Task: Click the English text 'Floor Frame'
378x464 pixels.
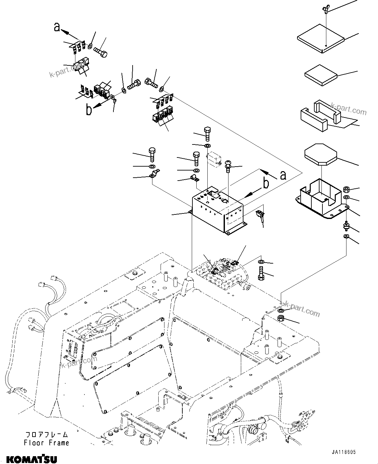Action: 46,443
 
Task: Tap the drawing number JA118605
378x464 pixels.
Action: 344,452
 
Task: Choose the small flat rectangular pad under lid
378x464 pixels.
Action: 320,75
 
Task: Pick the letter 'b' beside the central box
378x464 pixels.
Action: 266,184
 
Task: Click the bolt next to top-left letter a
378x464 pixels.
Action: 101,52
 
